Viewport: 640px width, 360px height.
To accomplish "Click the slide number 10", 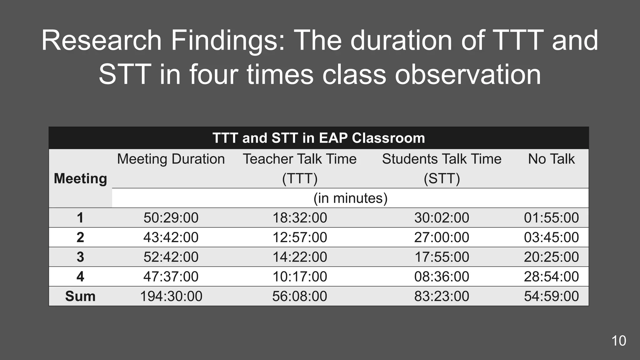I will click(618, 341).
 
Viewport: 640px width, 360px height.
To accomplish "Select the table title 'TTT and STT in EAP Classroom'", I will click(319, 138).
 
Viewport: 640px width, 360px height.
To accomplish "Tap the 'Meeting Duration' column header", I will click(171, 159).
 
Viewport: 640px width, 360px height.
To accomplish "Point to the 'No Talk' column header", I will click(551, 159).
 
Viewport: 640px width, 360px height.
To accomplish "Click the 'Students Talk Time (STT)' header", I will click(442, 168).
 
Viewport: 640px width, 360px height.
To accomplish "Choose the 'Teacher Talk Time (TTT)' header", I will click(300, 168).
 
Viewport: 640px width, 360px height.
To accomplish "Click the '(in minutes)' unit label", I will click(350, 198).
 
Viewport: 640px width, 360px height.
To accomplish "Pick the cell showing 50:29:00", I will click(171, 218).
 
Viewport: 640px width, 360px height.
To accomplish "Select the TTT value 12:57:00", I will click(300, 237).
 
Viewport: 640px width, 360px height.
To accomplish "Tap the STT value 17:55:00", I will click(442, 257).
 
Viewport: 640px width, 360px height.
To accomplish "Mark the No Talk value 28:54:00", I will click(551, 277).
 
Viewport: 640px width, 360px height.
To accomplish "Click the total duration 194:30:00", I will click(171, 296).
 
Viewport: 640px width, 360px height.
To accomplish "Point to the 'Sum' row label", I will click(80, 296).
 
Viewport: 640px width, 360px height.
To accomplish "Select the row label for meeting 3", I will click(80, 257).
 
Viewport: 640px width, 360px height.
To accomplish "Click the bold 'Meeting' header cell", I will click(80, 179).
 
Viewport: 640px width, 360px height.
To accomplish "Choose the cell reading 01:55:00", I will click(551, 218).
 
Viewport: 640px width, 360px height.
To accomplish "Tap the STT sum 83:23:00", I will click(442, 296).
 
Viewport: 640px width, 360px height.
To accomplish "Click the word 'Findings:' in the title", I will click(228, 41).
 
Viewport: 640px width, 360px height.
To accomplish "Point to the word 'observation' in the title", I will click(468, 75).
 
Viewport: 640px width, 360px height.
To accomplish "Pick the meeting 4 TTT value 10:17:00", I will click(300, 277).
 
